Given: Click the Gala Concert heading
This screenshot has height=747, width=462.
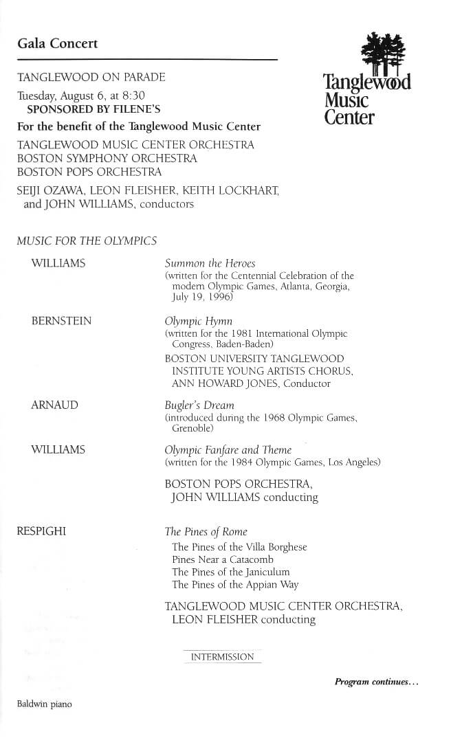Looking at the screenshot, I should click(58, 44).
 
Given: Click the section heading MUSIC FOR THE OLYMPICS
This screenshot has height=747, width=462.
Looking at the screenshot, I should click(87, 241).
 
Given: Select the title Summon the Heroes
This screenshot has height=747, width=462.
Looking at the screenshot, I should click(210, 263).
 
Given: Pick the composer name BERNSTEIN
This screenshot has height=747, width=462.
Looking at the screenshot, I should click(61, 321).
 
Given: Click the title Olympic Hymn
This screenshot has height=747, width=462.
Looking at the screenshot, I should click(199, 321).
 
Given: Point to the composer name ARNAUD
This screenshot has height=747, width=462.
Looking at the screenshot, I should click(54, 405).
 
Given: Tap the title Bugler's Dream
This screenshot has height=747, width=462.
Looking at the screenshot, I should click(199, 405).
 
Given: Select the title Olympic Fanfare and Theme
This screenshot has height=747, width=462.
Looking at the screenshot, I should click(228, 450).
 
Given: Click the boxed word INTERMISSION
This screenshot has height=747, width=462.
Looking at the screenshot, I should click(222, 657).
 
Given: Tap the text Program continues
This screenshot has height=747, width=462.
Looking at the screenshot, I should click(376, 682).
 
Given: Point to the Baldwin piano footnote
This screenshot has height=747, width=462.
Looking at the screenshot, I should click(44, 704).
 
